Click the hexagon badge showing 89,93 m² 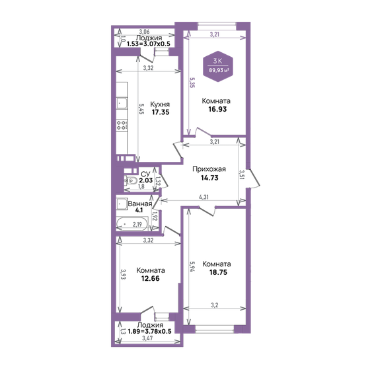pyautogui.click(x=218, y=66)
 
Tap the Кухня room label pyautogui.click(x=160, y=104)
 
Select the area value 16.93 pyautogui.click(x=217, y=109)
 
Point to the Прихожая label pyautogui.click(x=209, y=169)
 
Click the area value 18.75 pyautogui.click(x=218, y=272)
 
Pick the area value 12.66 pyautogui.click(x=151, y=278)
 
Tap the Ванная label pyautogui.click(x=140, y=204)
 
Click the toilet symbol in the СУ pyautogui.click(x=131, y=181)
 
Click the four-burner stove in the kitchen pyautogui.click(x=122, y=125)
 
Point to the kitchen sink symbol pyautogui.click(x=122, y=103)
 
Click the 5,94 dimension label pyautogui.click(x=192, y=266)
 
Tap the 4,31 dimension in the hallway pyautogui.click(x=203, y=197)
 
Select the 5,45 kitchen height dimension pyautogui.click(x=141, y=109)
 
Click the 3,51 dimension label pyautogui.click(x=242, y=175)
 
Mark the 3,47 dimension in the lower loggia pyautogui.click(x=147, y=338)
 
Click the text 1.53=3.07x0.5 pyautogui.click(x=149, y=44)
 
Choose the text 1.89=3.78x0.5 pyautogui.click(x=149, y=331)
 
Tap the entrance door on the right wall pyautogui.click(x=254, y=178)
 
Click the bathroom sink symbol pyautogui.click(x=122, y=203)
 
